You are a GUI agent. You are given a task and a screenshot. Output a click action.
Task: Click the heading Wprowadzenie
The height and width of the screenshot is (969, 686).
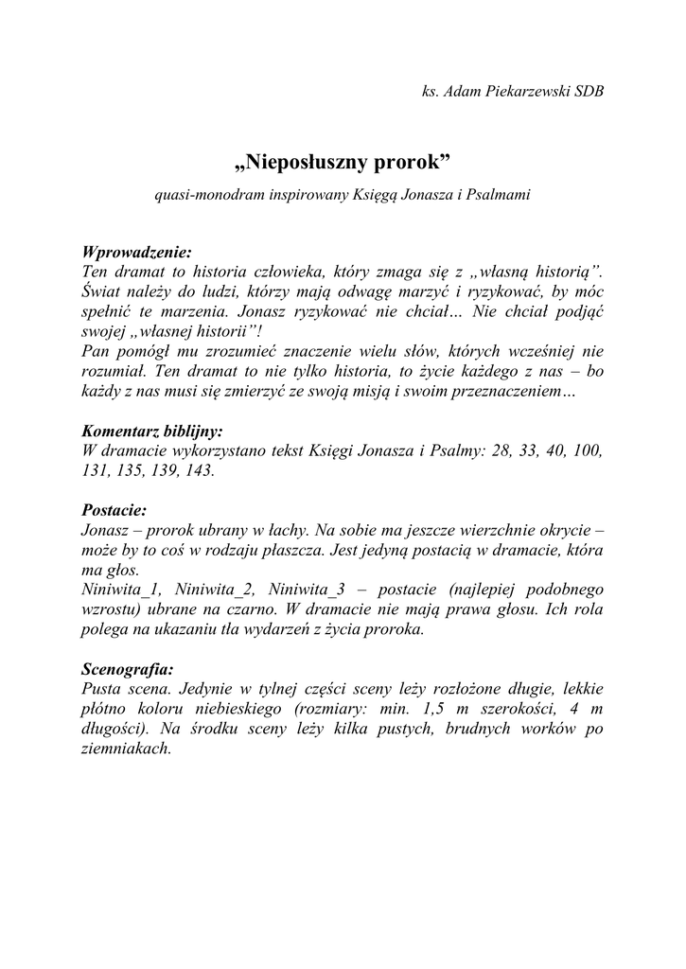pyautogui.click(x=137, y=252)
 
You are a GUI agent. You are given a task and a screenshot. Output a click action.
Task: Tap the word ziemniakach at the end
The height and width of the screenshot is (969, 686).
pyautogui.click(x=127, y=747)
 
